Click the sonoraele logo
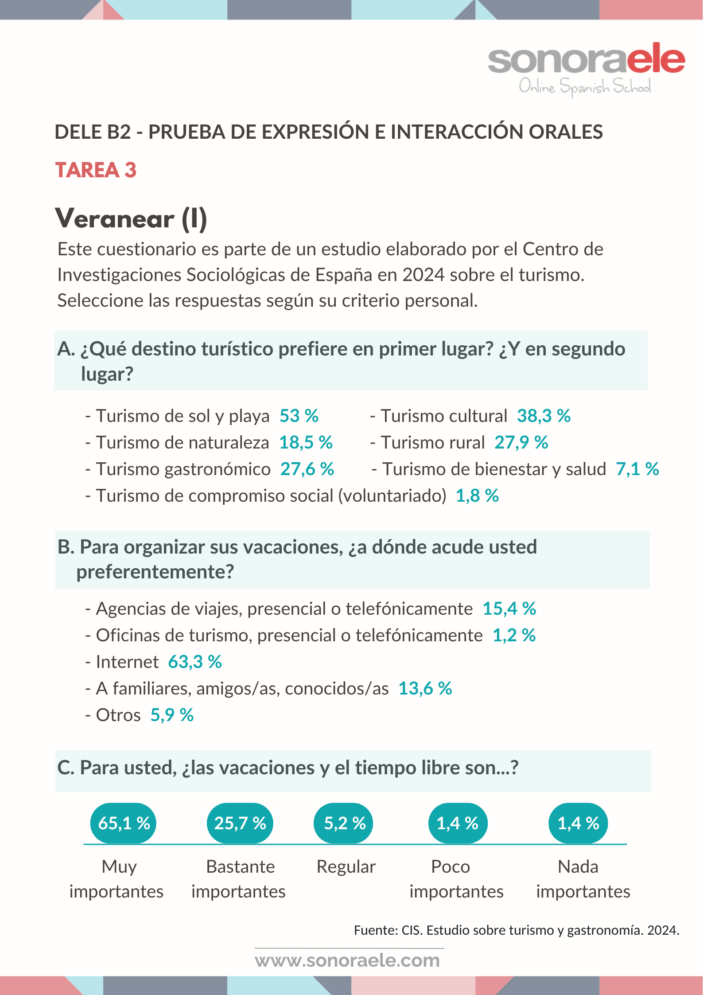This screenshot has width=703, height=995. coord(586,68)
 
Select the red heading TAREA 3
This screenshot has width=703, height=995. coord(96,170)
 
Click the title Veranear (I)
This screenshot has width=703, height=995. coord(131,219)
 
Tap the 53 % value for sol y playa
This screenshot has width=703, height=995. coord(299,416)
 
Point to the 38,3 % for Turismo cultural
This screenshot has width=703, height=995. coord(544,416)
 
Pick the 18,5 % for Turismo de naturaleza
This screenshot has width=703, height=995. coord(306,442)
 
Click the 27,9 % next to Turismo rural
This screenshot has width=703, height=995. coord(521,442)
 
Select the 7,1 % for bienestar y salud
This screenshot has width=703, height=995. coord(637,469)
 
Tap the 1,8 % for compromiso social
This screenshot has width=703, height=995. coord(477,496)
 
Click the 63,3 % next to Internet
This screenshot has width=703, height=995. coord(195,662)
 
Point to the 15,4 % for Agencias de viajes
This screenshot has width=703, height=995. coord(509,609)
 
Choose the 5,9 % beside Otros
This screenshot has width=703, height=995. coord(172,715)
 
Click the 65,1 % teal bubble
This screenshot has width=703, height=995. coord(124,823)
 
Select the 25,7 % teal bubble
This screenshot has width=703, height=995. coord(240,823)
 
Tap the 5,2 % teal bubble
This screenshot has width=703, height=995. coord(344,823)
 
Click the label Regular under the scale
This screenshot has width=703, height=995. coord(346,866)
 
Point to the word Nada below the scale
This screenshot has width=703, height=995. coord(578,866)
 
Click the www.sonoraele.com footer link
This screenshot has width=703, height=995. coord(347,960)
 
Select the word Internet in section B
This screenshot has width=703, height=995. coord(127,662)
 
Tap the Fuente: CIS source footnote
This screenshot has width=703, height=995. coord(517,930)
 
